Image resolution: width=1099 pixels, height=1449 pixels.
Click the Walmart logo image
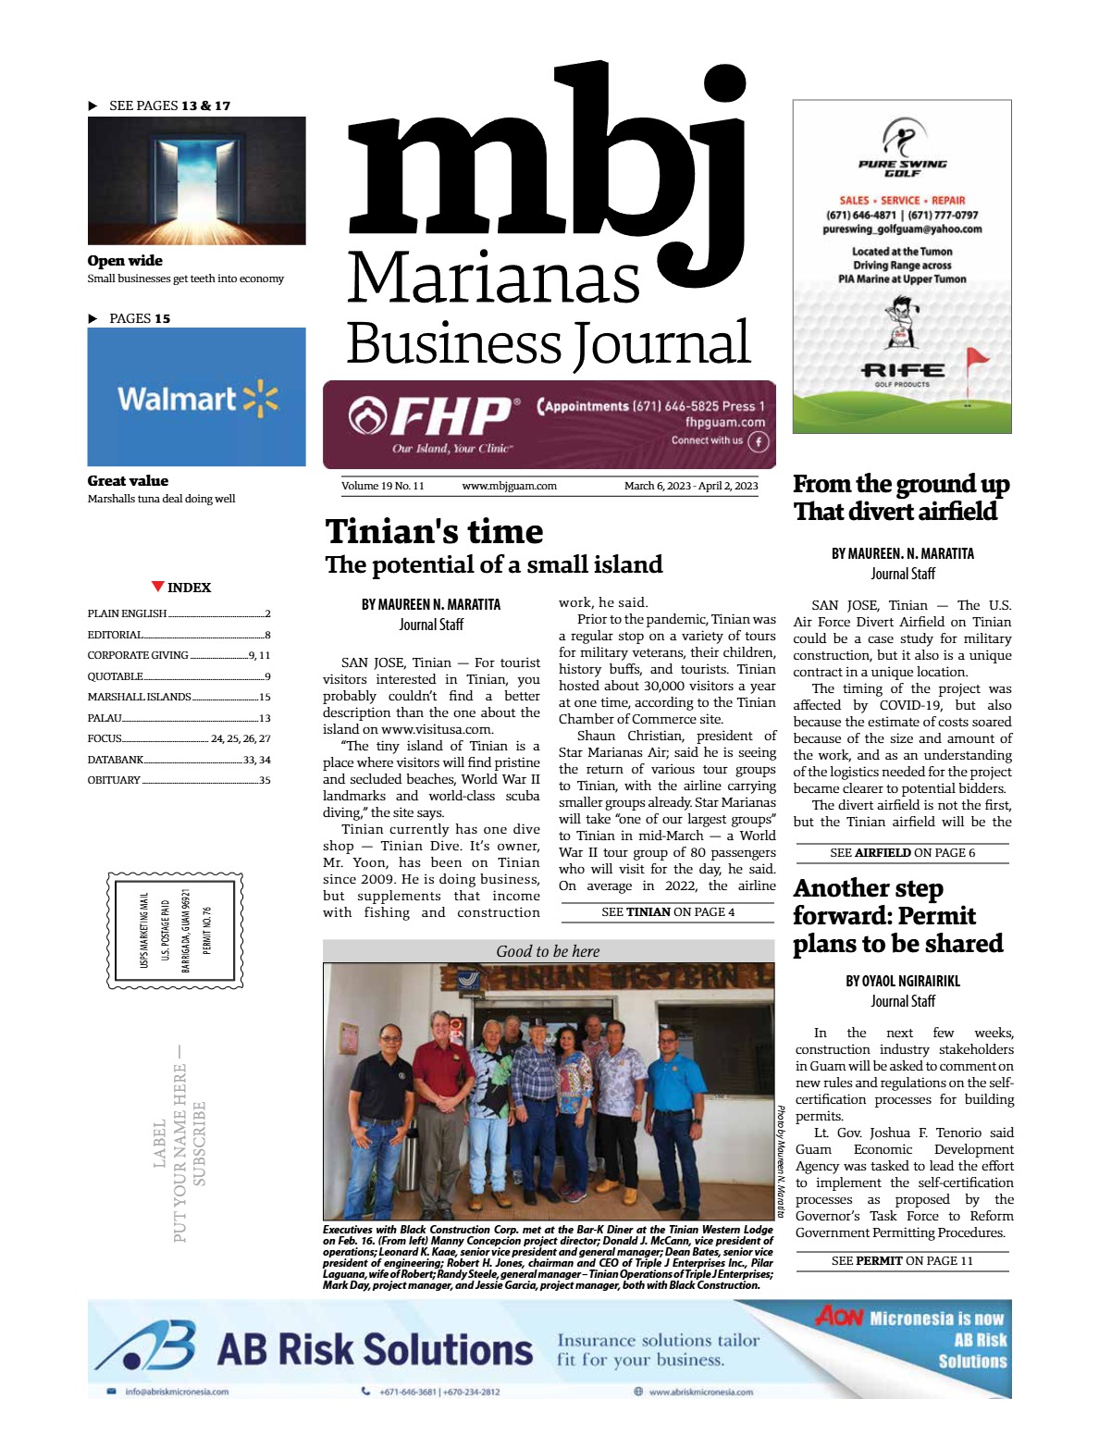coord(196,398)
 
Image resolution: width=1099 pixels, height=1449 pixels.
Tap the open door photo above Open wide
coord(196,180)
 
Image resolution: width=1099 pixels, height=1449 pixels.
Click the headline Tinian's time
coord(434,532)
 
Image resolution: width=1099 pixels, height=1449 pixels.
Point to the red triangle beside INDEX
coord(158,587)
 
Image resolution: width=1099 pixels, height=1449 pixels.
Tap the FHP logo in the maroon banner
coord(433,417)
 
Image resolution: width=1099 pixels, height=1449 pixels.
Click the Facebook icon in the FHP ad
coord(758,441)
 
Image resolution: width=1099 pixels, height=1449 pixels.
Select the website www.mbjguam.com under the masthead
coord(509,486)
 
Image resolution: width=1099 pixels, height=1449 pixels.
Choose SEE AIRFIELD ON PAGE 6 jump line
coord(902,853)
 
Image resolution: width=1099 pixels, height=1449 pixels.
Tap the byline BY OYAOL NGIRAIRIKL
coord(902,981)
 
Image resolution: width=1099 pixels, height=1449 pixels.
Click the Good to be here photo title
coord(548,951)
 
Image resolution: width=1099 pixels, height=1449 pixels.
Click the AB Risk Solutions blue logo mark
coord(148,1346)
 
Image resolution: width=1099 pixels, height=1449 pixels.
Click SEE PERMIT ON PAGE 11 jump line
coord(902,1261)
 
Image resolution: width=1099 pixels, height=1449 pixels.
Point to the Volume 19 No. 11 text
coord(382,486)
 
